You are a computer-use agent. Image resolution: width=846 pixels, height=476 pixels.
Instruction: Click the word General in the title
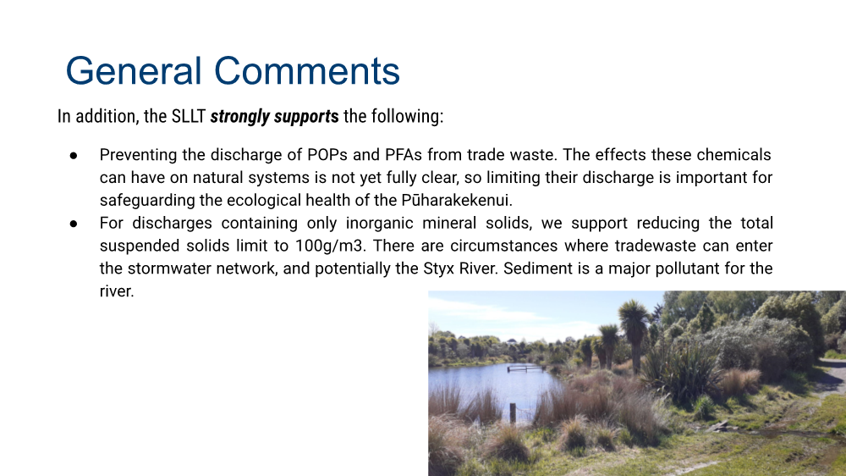[134, 71]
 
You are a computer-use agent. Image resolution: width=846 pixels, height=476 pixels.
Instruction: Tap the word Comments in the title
[307, 71]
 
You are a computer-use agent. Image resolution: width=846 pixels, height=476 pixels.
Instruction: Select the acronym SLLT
[189, 116]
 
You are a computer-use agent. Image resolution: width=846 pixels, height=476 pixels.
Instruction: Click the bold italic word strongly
[240, 117]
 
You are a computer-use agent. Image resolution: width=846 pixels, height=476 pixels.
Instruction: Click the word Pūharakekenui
[457, 200]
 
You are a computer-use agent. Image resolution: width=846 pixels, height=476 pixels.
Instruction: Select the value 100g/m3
[331, 246]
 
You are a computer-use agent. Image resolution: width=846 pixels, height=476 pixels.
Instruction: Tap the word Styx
[438, 268]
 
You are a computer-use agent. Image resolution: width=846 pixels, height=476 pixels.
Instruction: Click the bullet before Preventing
[74, 156]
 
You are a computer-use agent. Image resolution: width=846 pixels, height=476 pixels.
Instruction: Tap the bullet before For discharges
[74, 224]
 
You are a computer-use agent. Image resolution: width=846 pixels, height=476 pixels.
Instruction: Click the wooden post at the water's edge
[513, 413]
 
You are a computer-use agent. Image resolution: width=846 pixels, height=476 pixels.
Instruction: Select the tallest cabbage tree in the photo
[634, 335]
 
